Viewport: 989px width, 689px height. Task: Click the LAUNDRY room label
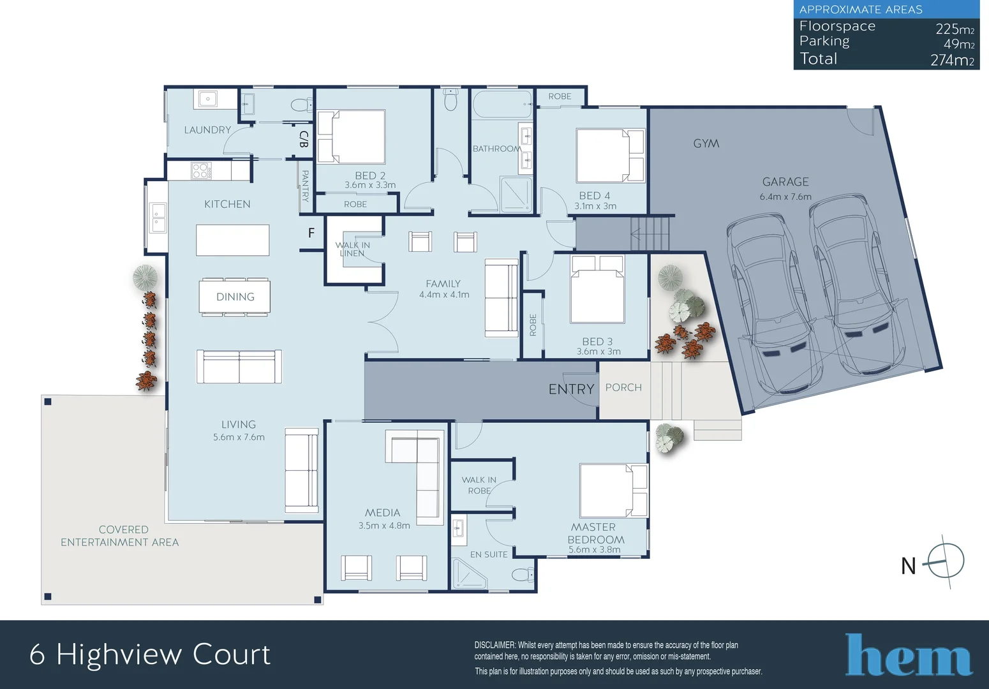[207, 130]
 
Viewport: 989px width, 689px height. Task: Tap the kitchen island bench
[232, 240]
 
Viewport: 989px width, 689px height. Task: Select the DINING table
[234, 297]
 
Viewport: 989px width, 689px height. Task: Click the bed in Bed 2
[352, 137]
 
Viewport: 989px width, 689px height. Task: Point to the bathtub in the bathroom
[502, 104]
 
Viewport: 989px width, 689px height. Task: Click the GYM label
[706, 144]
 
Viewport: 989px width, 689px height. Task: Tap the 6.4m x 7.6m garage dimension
[785, 196]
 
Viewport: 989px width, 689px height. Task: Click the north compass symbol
[945, 562]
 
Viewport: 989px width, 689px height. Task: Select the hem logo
[909, 655]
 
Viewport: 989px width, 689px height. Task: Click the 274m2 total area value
[951, 60]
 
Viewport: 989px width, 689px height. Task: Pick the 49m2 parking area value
[958, 44]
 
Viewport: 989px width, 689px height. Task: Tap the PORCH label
[623, 387]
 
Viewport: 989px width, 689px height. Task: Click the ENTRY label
[571, 389]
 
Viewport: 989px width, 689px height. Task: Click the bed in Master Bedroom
[613, 490]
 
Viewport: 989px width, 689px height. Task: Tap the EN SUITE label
[489, 554]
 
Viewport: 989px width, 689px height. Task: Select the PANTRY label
[305, 185]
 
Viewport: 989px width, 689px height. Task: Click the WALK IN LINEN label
[352, 249]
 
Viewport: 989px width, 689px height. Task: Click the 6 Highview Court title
[150, 655]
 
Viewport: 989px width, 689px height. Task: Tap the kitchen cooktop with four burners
[200, 170]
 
